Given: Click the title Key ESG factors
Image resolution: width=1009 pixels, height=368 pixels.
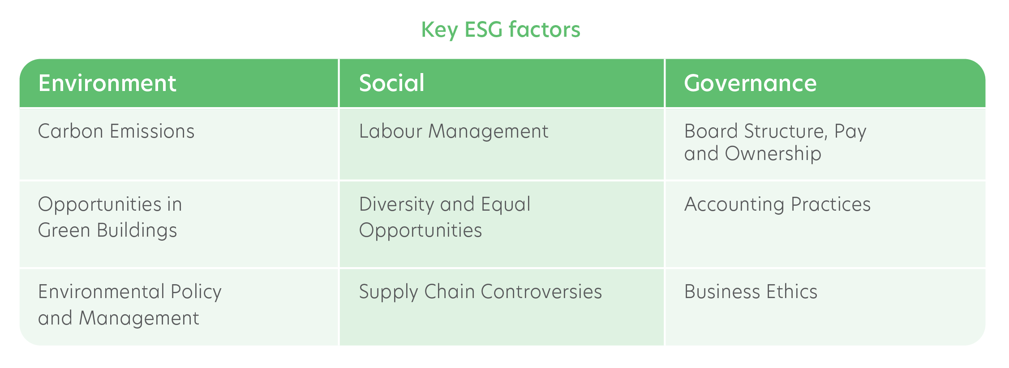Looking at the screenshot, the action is pyautogui.click(x=501, y=30).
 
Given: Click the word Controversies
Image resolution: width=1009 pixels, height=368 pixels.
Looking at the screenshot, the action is pyautogui.click(x=541, y=292).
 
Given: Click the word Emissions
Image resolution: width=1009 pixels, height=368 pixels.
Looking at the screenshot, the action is pyautogui.click(x=152, y=131).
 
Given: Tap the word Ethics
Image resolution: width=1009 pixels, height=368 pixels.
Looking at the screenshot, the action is pyautogui.click(x=792, y=292).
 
